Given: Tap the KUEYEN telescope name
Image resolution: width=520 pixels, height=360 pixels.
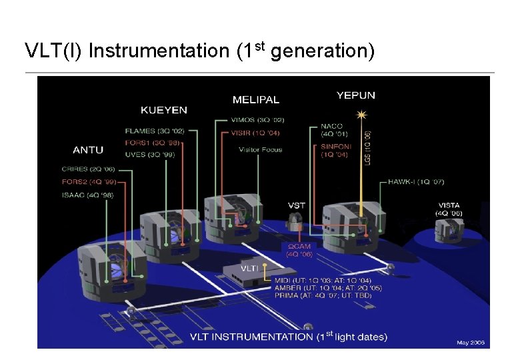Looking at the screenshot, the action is click(163, 110).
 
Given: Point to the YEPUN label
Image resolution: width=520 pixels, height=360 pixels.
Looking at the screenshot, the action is click(356, 95).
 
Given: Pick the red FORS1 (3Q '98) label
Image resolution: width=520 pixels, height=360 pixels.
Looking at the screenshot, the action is click(151, 142).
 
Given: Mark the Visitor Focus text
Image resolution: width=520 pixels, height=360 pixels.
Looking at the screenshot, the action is click(261, 149).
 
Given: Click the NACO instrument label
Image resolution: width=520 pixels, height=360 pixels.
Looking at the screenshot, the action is click(331, 126).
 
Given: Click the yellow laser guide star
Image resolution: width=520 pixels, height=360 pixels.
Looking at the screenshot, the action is click(362, 115).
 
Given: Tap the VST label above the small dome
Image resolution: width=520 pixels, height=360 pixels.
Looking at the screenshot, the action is click(297, 205).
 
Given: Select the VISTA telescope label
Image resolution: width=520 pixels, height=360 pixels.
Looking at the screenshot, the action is click(449, 205).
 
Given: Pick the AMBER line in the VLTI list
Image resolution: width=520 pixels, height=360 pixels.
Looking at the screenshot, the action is click(327, 288).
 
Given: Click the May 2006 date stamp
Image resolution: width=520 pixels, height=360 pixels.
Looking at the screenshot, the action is click(470, 343).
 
